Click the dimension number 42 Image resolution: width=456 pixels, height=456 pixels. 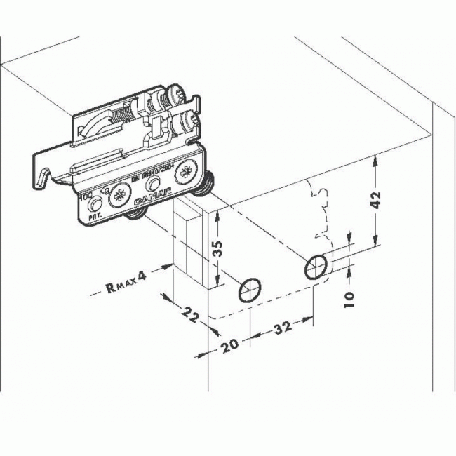pyautogui.click(x=376, y=199)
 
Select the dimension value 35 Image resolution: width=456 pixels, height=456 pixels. pyautogui.click(x=219, y=248)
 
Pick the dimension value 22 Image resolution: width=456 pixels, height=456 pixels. pyautogui.click(x=187, y=314)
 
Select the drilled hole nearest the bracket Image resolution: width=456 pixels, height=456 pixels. pyautogui.click(x=250, y=290)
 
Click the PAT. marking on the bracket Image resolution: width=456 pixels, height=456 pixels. pyautogui.click(x=94, y=217)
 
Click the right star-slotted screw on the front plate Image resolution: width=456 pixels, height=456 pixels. pyautogui.click(x=187, y=171)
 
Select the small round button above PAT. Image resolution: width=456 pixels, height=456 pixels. pyautogui.click(x=95, y=203)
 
